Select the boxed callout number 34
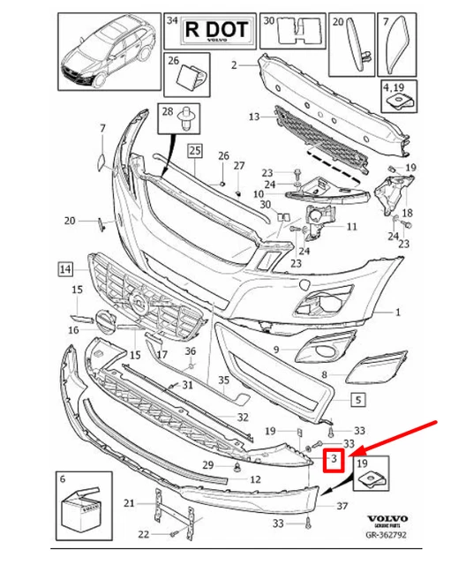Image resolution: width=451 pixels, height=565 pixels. (172, 19)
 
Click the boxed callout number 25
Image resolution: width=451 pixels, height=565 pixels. (194, 150)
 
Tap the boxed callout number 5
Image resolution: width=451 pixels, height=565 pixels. (357, 399)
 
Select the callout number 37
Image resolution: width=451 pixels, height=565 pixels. (342, 507)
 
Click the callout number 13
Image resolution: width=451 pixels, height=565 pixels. (254, 117)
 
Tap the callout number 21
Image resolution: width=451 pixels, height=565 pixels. (129, 503)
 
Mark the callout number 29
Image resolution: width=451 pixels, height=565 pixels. (207, 464)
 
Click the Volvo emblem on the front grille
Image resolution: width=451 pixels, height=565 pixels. (139, 303)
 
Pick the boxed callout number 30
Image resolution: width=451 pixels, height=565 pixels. (269, 19)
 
